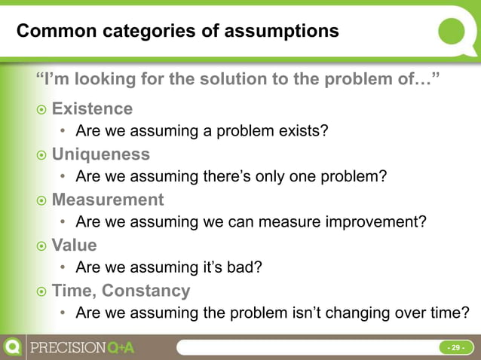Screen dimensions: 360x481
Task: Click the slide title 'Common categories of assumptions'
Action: [177, 32]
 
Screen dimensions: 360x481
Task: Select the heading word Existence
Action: [92, 108]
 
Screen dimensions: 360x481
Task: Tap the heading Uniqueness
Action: [100, 154]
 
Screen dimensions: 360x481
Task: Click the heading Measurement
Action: [107, 200]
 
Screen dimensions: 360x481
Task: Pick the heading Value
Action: [74, 245]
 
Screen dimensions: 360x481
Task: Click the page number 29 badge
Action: [455, 348]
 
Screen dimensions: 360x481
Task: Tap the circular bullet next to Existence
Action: [41, 110]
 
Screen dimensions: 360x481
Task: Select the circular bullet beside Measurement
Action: [41, 201]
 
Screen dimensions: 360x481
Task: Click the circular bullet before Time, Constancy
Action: [41, 291]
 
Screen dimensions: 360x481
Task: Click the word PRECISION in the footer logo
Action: [67, 348]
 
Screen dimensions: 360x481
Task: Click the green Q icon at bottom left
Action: [13, 348]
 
